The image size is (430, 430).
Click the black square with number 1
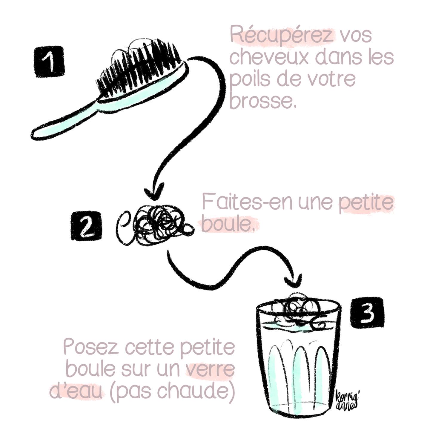(50, 62)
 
